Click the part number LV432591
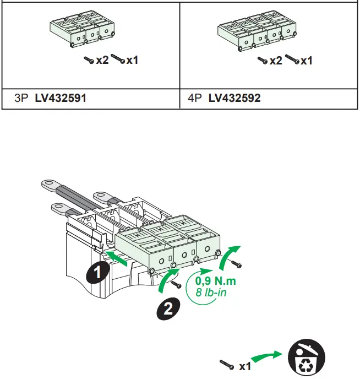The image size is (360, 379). [61, 98]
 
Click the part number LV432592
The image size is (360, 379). [234, 98]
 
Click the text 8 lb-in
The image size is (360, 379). [211, 293]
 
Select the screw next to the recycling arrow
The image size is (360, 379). [227, 364]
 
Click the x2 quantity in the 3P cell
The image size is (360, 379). [102, 59]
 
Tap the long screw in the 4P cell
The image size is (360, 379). [291, 58]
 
